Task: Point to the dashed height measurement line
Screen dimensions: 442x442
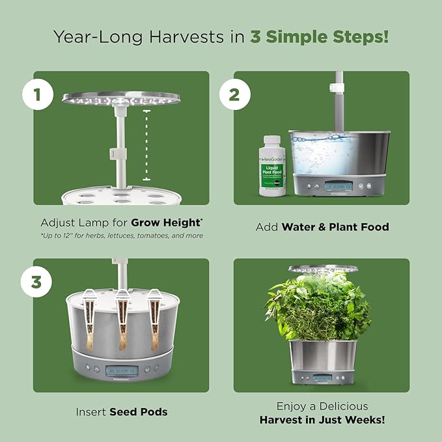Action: click(x=146, y=145)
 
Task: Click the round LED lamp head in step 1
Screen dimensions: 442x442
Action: click(x=120, y=98)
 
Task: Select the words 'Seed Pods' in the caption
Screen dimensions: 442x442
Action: click(x=138, y=411)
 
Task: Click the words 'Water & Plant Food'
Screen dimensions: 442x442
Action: click(x=335, y=227)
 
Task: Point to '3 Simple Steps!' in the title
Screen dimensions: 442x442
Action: click(x=320, y=36)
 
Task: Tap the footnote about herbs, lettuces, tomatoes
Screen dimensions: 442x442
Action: click(x=121, y=235)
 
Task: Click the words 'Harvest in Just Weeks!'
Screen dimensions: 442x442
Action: click(x=322, y=420)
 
